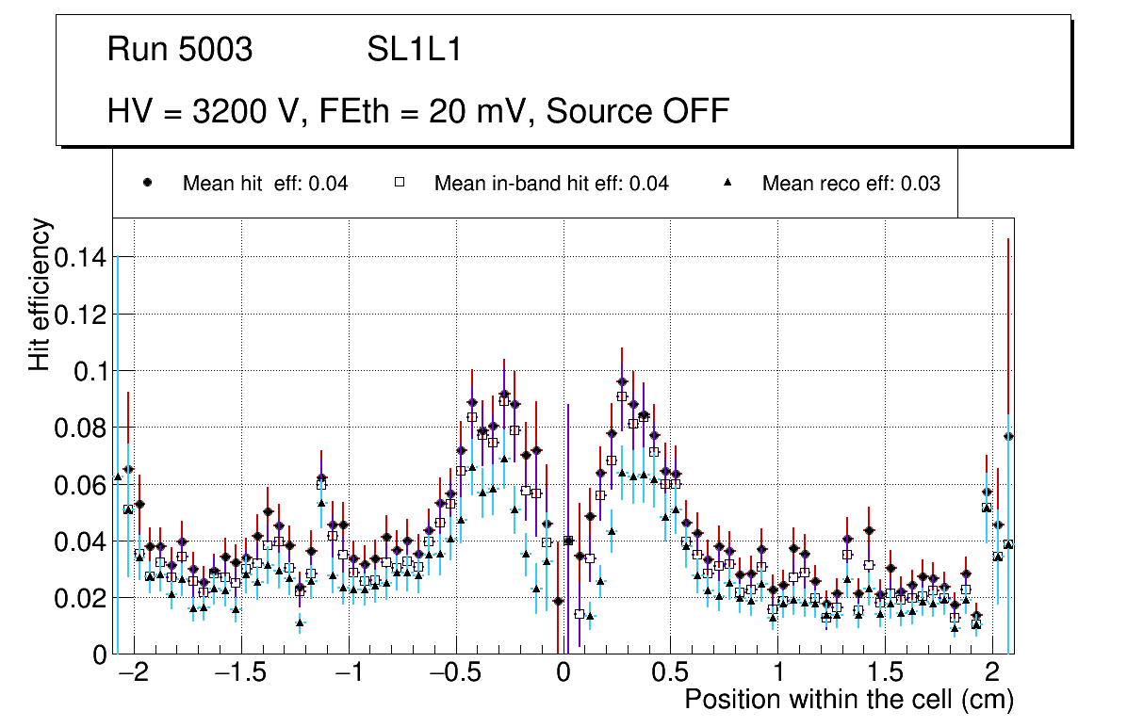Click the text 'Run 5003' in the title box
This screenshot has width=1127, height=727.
coord(180,50)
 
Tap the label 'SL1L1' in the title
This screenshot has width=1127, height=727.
coord(414,50)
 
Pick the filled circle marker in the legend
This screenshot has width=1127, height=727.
coord(148,183)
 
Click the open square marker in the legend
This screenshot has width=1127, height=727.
coord(400,183)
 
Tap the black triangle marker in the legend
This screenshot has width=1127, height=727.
coord(727,183)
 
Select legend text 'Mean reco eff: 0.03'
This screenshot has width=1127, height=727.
coord(851,184)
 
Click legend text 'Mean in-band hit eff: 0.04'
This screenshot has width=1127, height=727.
coord(551,184)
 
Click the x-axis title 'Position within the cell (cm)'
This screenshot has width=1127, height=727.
coord(849,700)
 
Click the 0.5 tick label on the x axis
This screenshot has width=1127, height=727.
coord(670,672)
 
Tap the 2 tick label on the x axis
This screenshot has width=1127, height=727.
coord(992,672)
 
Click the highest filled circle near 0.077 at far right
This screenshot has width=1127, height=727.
coord(1008,436)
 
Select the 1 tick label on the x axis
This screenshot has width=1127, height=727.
coord(778,672)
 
